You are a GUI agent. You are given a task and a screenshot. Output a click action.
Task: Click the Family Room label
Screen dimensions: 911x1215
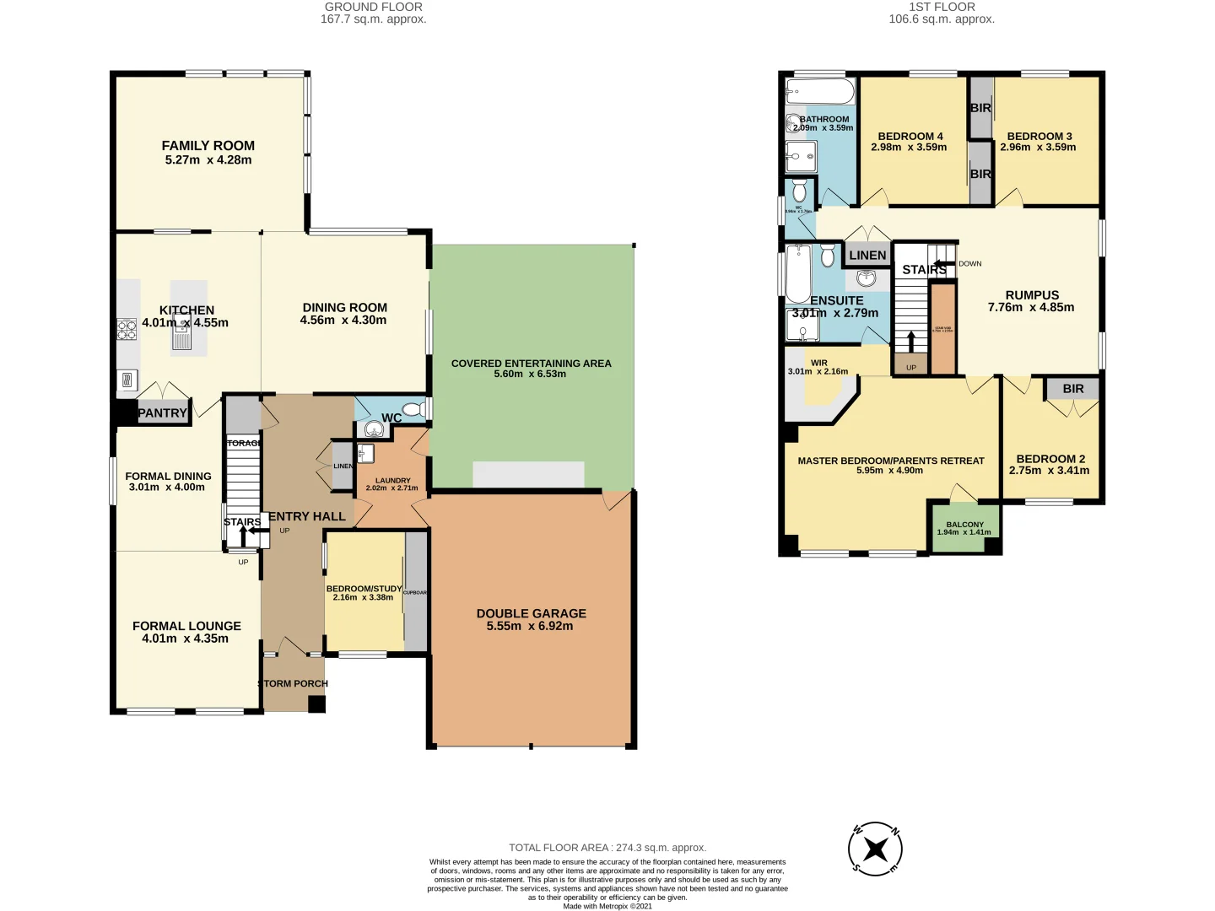pyautogui.click(x=208, y=146)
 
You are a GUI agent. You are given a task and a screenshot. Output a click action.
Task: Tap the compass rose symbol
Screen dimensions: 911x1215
pyautogui.click(x=875, y=849)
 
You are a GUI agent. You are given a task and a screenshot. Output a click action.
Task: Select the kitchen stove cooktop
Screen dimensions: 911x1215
pyautogui.click(x=127, y=329)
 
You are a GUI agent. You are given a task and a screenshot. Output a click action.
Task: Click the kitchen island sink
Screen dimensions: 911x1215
pyautogui.click(x=182, y=337)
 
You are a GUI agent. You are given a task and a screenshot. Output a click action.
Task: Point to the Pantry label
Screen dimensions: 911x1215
pyautogui.click(x=162, y=413)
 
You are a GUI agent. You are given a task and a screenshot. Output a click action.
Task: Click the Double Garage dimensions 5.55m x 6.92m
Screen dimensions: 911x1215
pyautogui.click(x=530, y=626)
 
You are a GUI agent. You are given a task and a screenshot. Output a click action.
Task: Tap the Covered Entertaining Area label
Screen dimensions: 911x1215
pyautogui.click(x=531, y=364)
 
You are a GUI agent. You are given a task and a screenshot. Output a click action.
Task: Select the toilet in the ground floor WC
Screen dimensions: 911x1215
pyautogui.click(x=413, y=410)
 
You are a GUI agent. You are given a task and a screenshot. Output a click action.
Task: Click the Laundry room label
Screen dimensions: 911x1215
pyautogui.click(x=393, y=481)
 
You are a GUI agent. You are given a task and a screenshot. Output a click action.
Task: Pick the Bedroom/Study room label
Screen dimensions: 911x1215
pyautogui.click(x=364, y=589)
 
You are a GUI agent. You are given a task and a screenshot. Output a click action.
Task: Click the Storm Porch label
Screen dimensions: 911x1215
pyautogui.click(x=294, y=684)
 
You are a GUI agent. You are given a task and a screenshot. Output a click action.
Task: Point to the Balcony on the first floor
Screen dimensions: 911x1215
pyautogui.click(x=964, y=528)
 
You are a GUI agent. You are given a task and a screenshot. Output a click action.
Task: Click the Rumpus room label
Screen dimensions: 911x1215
pyautogui.click(x=1032, y=295)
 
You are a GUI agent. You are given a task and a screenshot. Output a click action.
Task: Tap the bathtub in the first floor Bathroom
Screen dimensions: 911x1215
pyautogui.click(x=819, y=91)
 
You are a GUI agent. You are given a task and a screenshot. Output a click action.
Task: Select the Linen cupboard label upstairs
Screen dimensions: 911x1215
pyautogui.click(x=867, y=256)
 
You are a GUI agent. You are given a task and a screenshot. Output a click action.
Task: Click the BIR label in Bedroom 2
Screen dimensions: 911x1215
pyautogui.click(x=1073, y=389)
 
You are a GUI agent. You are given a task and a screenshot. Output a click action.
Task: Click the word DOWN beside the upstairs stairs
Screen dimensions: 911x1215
pyautogui.click(x=970, y=264)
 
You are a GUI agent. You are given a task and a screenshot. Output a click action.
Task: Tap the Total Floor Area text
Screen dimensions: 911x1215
pyautogui.click(x=607, y=848)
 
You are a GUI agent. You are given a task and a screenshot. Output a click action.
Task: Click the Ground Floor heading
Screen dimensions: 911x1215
pyautogui.click(x=373, y=7)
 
